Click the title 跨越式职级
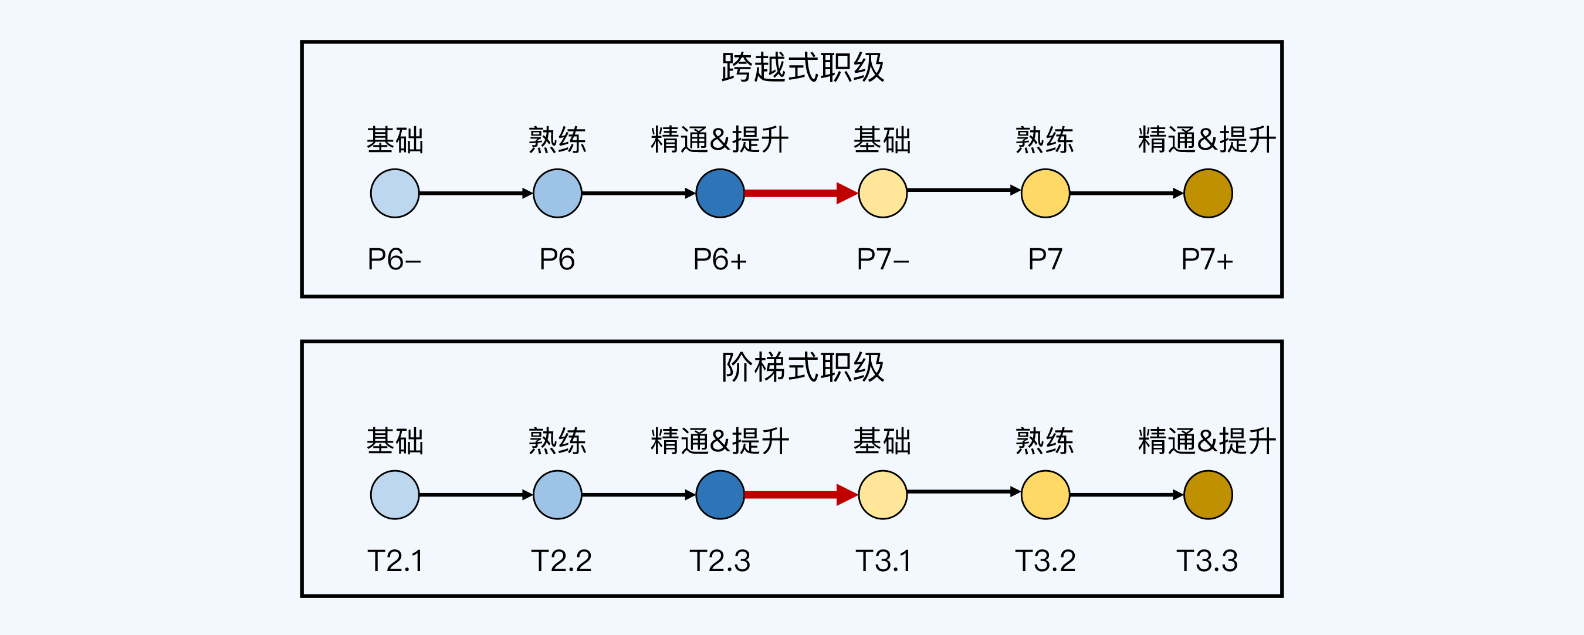point(803,67)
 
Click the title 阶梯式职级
point(803,367)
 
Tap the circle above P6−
point(395,193)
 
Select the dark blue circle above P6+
point(720,193)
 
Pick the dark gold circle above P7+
point(1209,193)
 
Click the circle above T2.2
point(558,495)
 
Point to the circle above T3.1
point(883,495)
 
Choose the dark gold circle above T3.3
point(1209,495)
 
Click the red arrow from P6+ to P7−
point(801,193)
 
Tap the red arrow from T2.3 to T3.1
point(801,495)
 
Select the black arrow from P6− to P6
point(476,193)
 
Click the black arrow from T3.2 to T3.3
point(1126,495)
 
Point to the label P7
point(1045,259)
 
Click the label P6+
point(720,259)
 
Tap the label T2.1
point(395,560)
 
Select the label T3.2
point(1045,560)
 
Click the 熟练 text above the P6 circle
point(558,140)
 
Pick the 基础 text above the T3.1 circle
point(883,441)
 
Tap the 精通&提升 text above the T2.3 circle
point(720,441)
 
